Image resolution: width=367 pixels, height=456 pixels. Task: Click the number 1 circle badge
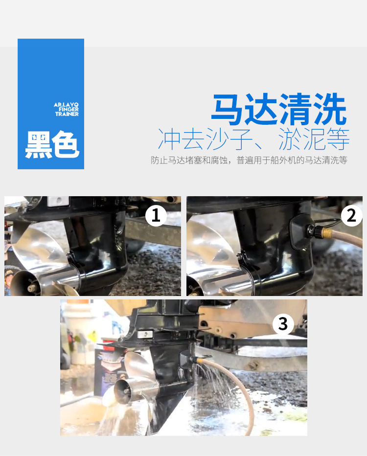click(156, 215)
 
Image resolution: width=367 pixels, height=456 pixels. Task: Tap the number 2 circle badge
click(351, 215)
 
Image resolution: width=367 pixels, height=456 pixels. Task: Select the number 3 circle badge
click(283, 323)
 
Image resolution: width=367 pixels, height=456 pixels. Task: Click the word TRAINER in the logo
click(67, 114)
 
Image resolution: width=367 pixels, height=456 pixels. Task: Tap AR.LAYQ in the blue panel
click(66, 105)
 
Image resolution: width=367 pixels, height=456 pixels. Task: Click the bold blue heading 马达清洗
click(279, 111)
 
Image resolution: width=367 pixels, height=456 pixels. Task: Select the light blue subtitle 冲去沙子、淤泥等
click(253, 139)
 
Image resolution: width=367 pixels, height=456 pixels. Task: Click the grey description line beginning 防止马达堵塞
click(249, 160)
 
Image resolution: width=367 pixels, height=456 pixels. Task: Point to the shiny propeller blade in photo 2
click(206, 254)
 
